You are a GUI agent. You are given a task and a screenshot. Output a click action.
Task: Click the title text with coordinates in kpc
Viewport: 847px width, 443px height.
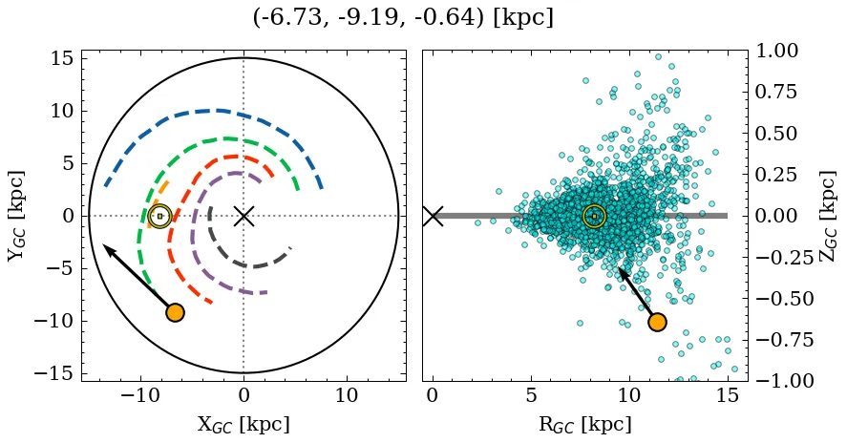403,17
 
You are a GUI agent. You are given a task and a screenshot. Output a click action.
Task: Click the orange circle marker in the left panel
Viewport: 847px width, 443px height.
175,312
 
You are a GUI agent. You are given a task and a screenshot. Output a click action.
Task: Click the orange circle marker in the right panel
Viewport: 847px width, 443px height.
657,322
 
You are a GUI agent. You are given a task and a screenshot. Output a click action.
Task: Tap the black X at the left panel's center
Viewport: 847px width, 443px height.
244,216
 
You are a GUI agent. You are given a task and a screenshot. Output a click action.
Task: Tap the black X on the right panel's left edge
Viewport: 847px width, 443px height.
433,216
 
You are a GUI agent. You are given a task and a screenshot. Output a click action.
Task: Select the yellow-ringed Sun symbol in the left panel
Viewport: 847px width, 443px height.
159,216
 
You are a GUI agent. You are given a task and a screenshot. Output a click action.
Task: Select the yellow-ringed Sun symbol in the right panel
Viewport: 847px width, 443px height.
594,216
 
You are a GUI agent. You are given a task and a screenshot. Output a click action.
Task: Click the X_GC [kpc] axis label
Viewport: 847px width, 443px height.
244,425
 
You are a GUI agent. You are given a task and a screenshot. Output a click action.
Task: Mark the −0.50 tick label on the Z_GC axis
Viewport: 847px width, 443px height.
774,298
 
